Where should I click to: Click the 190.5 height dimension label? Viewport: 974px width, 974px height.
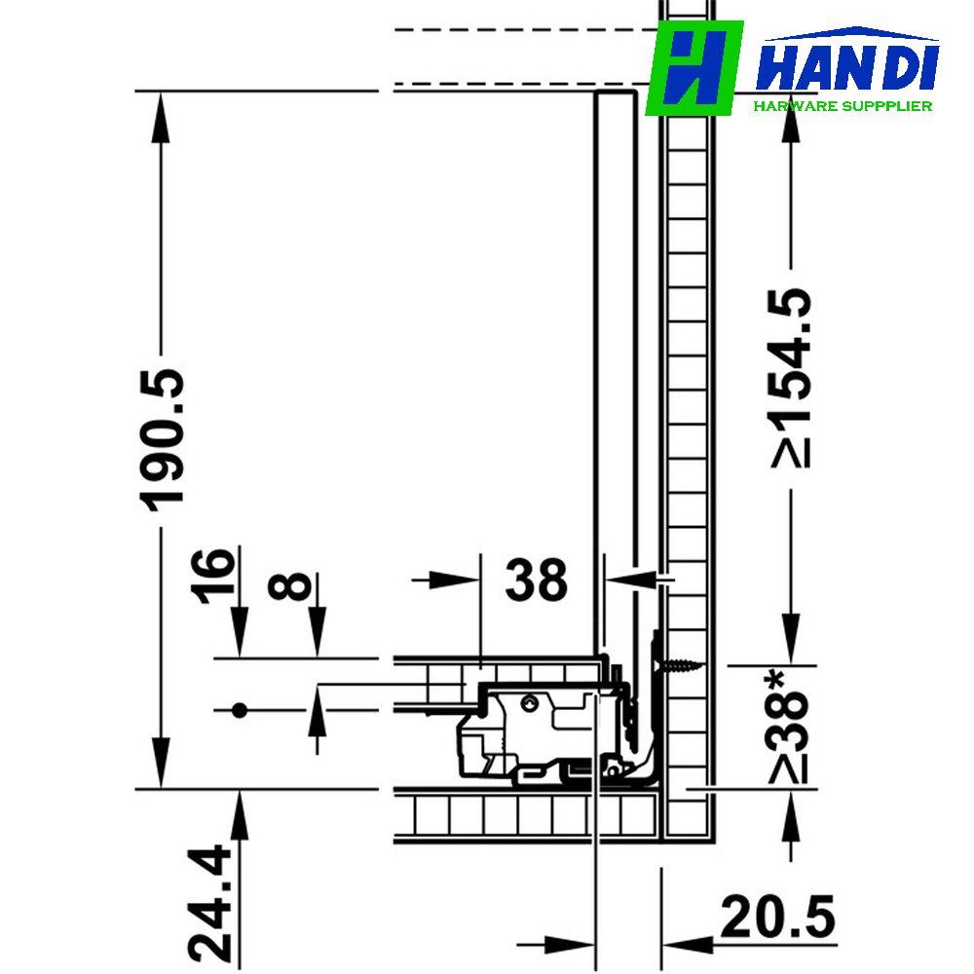pyautogui.click(x=163, y=440)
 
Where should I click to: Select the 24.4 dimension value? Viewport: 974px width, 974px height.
pyautogui.click(x=210, y=903)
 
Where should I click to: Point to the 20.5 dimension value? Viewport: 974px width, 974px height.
pyautogui.click(x=777, y=917)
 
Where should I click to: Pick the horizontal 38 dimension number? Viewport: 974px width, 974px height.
pyautogui.click(x=536, y=581)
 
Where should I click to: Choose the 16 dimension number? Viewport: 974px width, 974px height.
pyautogui.click(x=213, y=577)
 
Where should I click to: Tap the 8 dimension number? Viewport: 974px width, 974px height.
pyautogui.click(x=289, y=586)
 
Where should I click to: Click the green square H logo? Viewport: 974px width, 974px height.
pyautogui.click(x=694, y=68)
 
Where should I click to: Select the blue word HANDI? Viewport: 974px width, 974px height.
pyautogui.click(x=847, y=68)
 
